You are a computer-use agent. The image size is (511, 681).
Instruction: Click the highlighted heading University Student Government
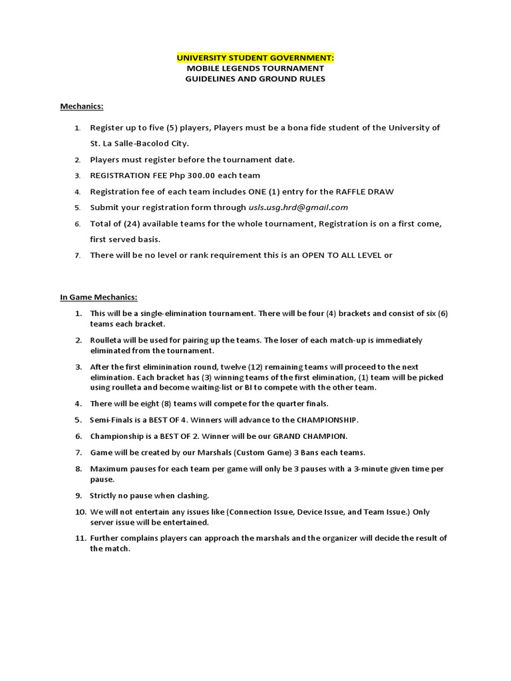pos(255,58)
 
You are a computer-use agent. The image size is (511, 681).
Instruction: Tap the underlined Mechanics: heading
pos(82,106)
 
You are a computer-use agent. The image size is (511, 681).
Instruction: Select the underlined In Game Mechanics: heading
pos(98,297)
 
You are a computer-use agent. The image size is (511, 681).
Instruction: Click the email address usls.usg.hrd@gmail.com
pos(299,207)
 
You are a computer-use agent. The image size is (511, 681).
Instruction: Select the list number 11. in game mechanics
pos(80,537)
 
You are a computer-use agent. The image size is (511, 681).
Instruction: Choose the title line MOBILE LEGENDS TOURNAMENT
pos(255,68)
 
